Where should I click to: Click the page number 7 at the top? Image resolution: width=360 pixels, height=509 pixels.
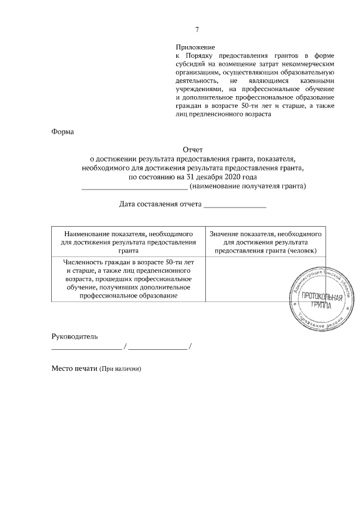(x=197, y=30)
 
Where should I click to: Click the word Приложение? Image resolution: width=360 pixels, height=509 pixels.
(x=195, y=48)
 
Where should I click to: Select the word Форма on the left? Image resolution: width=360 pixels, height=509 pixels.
(x=62, y=133)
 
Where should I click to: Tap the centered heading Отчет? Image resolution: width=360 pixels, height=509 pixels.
(x=193, y=150)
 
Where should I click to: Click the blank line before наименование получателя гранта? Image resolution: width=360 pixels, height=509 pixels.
(x=135, y=187)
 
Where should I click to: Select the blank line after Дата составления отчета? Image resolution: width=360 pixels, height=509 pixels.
(x=235, y=206)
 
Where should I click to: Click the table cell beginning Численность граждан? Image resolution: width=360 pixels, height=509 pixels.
(x=129, y=279)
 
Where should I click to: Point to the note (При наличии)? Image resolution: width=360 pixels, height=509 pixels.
(x=120, y=370)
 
